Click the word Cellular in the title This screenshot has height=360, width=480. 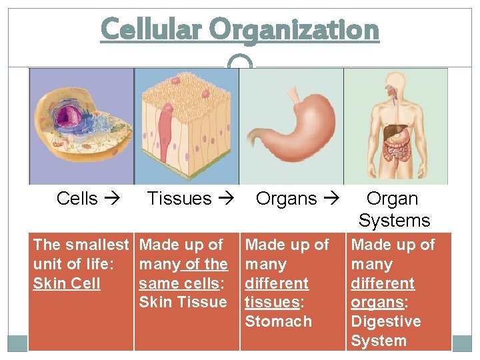(151, 30)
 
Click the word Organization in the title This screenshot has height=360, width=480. (294, 30)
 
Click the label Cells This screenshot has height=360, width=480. (77, 199)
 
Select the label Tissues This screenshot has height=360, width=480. (179, 199)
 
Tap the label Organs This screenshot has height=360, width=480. (286, 199)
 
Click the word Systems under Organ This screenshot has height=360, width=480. (394, 220)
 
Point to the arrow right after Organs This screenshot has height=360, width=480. (331, 199)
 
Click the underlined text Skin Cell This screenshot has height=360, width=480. (67, 283)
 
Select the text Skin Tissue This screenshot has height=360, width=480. (183, 302)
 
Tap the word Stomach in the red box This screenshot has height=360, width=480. (278, 321)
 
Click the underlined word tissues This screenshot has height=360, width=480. (272, 302)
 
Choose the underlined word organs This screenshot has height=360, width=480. (377, 302)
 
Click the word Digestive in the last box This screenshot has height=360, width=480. (385, 321)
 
